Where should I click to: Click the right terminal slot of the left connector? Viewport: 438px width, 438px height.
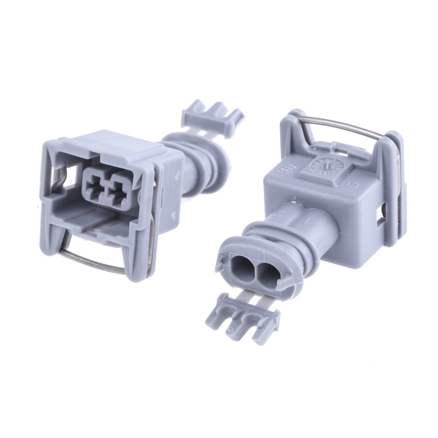coord(116,189)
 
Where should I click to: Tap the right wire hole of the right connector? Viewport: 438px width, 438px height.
coord(267,272)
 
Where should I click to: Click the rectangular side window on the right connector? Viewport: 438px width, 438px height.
coord(382,215)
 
